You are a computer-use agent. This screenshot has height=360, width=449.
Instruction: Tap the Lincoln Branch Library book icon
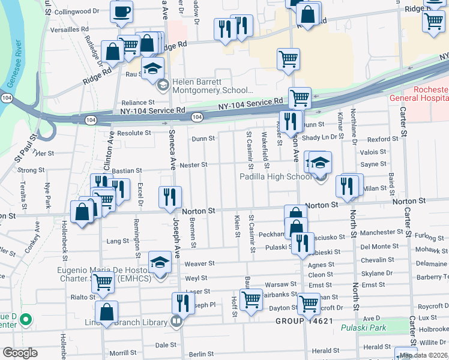176,322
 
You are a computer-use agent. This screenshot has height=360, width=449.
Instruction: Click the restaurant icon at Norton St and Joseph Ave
170,197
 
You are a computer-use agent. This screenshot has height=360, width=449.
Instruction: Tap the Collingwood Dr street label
75,11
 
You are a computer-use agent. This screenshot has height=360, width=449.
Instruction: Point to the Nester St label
193,164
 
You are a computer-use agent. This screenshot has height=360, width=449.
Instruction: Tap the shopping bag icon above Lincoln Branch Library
106,312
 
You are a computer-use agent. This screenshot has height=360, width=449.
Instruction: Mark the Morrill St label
122,353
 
